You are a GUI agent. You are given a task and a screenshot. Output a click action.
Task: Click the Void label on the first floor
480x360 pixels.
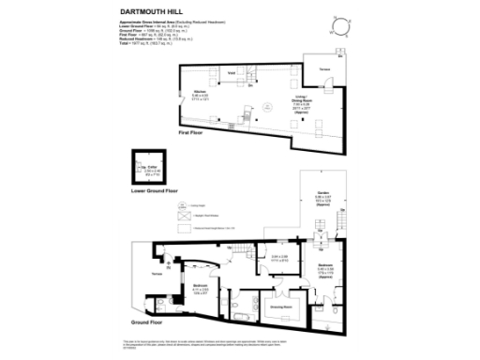click(231, 72)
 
